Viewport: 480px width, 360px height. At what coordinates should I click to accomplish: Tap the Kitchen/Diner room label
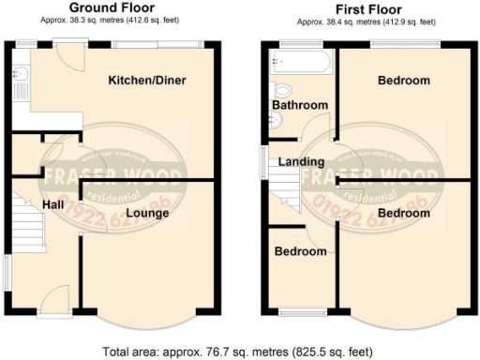point(146,81)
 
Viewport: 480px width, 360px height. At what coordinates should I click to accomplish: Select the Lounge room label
point(147,214)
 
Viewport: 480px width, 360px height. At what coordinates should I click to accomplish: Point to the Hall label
point(52,203)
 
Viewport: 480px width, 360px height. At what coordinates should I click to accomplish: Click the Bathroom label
point(299,105)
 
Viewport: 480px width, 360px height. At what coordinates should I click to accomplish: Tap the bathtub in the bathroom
point(299,64)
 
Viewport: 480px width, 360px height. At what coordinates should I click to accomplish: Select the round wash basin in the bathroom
point(275,119)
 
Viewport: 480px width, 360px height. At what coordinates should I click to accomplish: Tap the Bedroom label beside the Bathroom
point(403,81)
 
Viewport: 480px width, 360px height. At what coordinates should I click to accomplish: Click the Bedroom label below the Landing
point(300,251)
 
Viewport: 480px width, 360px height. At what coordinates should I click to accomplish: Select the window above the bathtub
point(298,42)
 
